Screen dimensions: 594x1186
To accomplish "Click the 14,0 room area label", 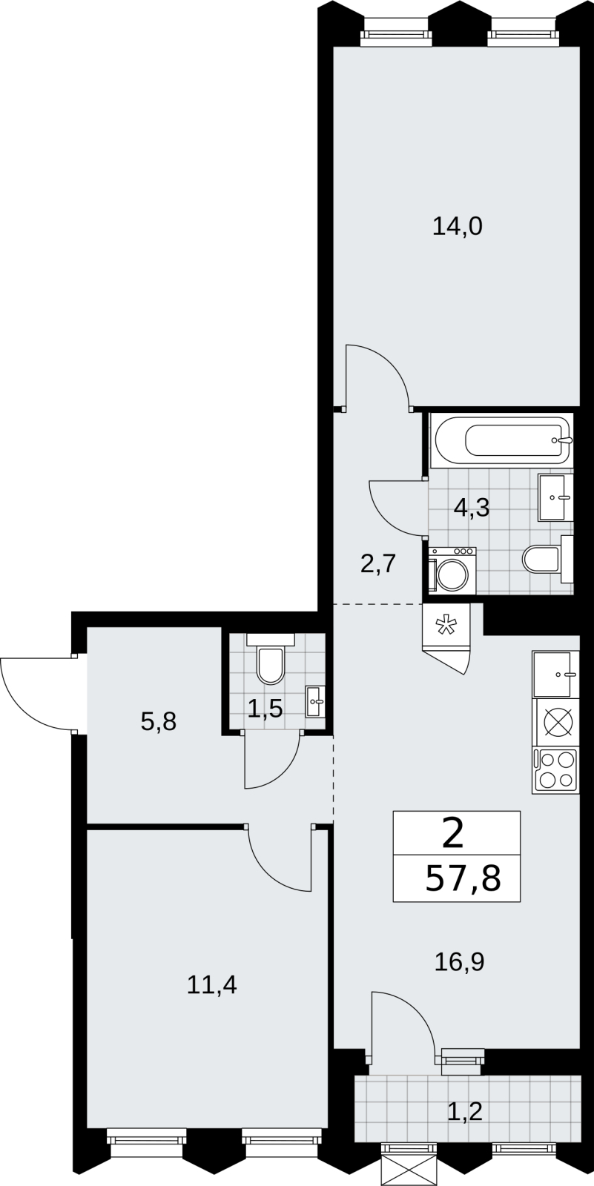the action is pos(458,227).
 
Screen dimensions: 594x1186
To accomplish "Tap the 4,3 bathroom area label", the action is pos(472,508).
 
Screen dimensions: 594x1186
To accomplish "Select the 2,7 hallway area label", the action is pos(378,564).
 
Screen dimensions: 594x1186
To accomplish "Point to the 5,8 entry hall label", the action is pos(159,722).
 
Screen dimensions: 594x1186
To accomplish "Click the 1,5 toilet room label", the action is pos(265,709).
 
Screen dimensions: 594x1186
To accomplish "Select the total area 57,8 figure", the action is pos(463,880).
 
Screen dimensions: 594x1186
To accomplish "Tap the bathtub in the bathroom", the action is pos(501,440).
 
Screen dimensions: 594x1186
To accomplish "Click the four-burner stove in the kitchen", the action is pos(555,770).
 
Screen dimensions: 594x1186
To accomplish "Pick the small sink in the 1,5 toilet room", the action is pos(315,701).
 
